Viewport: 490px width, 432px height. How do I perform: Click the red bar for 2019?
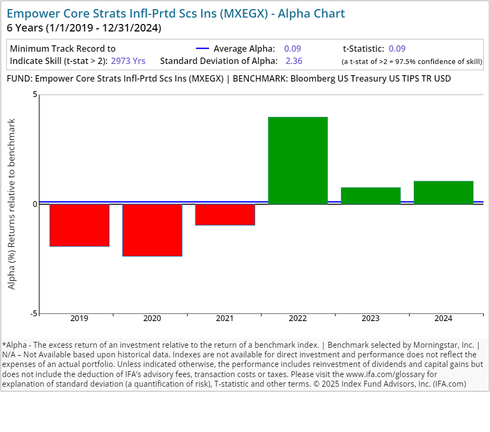80,225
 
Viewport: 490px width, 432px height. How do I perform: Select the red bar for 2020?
152,230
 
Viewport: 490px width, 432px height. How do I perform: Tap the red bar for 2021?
225,214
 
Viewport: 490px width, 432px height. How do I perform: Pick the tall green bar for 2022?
298,161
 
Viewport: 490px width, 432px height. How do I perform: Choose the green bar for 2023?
370,196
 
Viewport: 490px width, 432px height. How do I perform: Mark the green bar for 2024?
444,193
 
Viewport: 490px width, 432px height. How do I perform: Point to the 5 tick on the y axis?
35,95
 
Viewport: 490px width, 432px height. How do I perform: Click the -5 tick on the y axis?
34,314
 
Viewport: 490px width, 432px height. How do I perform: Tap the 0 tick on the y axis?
35,204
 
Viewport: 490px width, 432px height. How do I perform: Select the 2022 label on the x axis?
298,319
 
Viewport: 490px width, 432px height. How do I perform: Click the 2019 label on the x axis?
80,319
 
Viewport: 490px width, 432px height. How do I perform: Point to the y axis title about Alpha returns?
12,204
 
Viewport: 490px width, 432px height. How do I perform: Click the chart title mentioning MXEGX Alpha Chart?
176,13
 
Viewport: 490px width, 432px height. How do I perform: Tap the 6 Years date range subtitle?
84,27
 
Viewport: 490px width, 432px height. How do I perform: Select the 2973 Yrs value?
128,61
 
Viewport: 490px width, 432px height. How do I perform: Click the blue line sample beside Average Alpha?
202,49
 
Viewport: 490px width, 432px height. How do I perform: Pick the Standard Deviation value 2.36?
294,61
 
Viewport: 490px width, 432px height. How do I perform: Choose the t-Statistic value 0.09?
397,49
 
